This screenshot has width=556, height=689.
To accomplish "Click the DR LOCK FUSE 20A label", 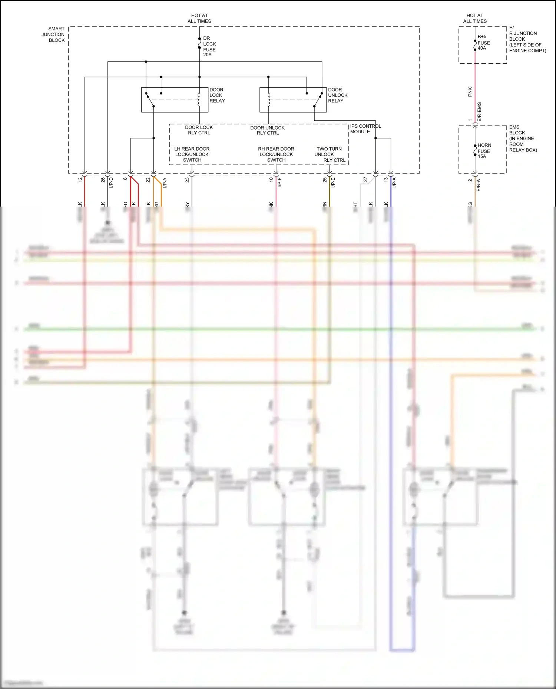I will point(209,47).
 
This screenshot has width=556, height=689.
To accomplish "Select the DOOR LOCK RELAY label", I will point(217,95).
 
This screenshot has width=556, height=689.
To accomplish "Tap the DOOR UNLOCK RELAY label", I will point(337,95).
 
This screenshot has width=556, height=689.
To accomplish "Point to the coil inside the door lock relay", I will point(199,100).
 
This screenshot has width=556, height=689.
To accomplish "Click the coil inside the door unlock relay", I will point(269,100).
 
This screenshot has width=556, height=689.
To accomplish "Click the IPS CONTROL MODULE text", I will point(365,129).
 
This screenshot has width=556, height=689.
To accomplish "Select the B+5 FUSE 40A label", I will point(483,43).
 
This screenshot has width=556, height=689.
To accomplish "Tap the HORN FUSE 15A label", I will point(484,151).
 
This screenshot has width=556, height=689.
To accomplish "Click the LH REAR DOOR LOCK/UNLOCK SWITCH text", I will point(192,154).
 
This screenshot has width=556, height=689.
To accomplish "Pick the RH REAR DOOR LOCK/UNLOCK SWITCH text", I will point(276,154).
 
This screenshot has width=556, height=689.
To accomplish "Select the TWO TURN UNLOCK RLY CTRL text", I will point(330,154).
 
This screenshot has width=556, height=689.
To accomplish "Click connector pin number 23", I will point(188,180).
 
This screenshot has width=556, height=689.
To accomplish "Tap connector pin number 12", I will point(80,180).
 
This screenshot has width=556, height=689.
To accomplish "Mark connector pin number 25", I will point(325,180).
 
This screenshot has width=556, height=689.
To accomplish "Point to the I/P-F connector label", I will point(280,182).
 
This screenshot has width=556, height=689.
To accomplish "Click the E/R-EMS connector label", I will point(479,112).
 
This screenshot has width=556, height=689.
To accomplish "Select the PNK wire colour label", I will point(470,92).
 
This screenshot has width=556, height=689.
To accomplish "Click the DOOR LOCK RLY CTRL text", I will point(199,130).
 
